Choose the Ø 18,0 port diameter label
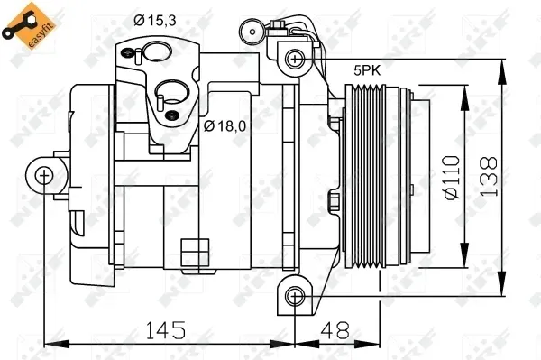coord(225,125)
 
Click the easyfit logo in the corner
coord(24,28)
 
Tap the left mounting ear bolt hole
coord(45,175)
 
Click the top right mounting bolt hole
coord(293,59)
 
